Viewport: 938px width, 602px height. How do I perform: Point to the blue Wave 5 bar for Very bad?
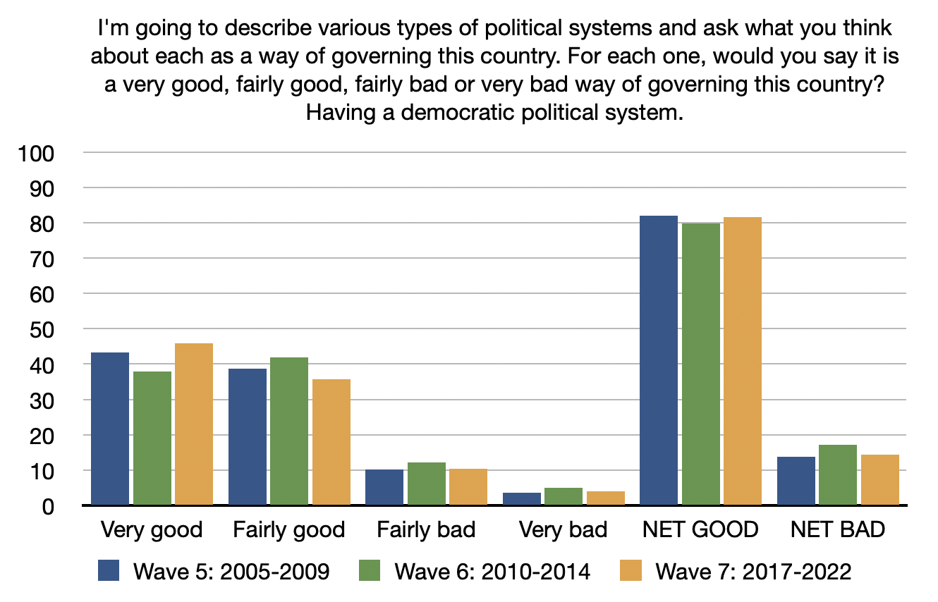tap(522, 498)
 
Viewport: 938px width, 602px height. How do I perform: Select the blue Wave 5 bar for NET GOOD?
tap(659, 360)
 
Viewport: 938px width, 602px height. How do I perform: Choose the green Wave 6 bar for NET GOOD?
tap(700, 364)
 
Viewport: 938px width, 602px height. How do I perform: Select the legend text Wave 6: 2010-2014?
tap(492, 571)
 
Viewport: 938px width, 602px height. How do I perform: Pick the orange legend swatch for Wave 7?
tap(631, 570)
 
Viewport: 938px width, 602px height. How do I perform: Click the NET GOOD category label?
tap(700, 529)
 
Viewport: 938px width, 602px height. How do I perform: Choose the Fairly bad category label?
tap(426, 529)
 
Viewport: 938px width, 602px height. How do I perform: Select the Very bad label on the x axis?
tap(563, 529)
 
